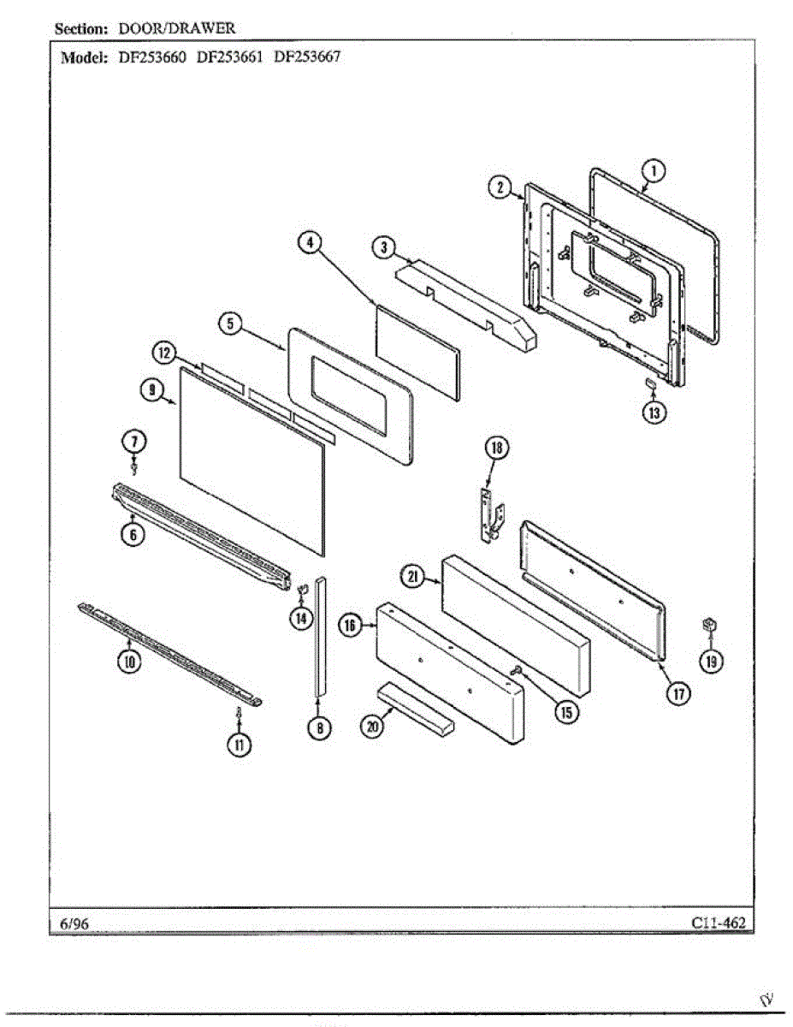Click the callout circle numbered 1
pos(653,171)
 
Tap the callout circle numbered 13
pos(654,412)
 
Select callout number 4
pos(309,242)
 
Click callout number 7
pos(134,441)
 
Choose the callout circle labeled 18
pos(496,447)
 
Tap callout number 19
pos(710,660)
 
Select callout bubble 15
pos(565,709)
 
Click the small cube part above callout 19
pos(707,625)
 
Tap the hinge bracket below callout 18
pos(489,516)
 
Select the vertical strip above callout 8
pos(320,633)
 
